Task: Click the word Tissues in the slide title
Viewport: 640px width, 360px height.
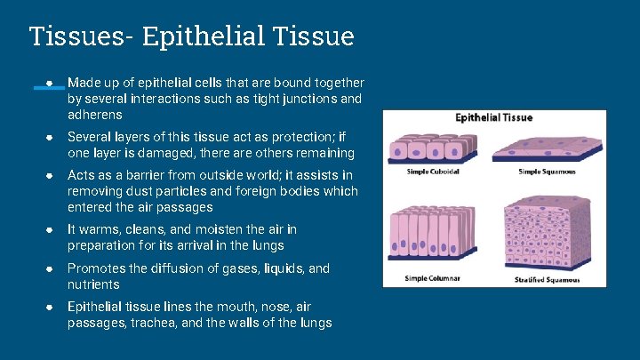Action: point(80,36)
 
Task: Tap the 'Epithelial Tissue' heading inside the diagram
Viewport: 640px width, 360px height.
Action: point(493,117)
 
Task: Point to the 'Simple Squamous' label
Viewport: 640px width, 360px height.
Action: point(547,172)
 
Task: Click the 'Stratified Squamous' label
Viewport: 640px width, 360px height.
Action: point(547,279)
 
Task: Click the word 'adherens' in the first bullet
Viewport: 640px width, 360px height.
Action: point(94,115)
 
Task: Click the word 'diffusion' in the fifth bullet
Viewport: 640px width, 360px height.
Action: point(174,268)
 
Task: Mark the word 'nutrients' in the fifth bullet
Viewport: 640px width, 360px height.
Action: point(93,284)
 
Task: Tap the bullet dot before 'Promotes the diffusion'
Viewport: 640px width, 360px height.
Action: point(51,268)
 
